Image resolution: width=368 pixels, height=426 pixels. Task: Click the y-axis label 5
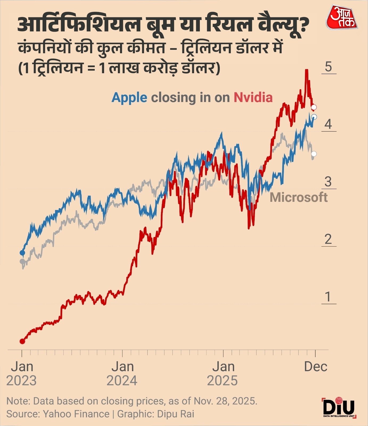[x=328, y=67]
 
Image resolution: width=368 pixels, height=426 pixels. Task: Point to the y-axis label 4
[x=328, y=124]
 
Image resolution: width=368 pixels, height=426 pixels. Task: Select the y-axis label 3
[x=328, y=182]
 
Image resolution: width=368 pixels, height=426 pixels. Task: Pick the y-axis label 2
[x=328, y=239]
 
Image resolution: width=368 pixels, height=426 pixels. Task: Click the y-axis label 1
[x=328, y=297]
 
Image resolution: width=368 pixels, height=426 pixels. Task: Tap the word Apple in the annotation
[x=129, y=98]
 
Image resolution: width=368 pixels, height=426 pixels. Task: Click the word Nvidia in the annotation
[x=253, y=97]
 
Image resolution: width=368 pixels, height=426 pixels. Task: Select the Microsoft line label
[x=299, y=197]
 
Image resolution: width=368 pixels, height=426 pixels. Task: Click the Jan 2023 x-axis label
[x=22, y=374]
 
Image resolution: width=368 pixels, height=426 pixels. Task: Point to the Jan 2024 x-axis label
[x=122, y=374]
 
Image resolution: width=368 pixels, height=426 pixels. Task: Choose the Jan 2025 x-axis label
[x=223, y=374]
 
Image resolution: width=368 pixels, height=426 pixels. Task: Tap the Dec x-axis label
[x=316, y=367]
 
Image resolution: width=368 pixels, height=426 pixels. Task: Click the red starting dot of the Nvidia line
[x=22, y=341]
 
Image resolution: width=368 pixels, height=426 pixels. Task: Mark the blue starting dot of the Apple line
[x=22, y=253]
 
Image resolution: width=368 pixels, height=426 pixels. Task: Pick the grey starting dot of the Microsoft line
[x=22, y=261]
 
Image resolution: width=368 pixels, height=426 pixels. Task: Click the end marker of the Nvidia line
[x=314, y=107]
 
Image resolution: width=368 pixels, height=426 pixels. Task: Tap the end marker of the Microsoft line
[x=314, y=154]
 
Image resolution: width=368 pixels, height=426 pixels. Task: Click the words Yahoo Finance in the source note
[x=76, y=414]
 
